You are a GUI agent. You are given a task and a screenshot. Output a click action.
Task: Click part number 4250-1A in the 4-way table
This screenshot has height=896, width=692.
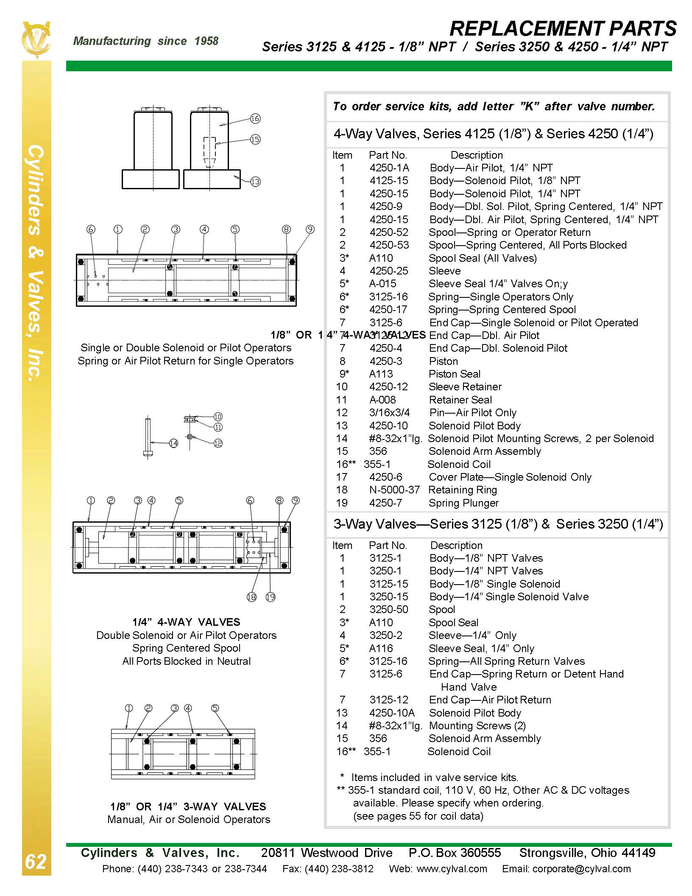point(389,168)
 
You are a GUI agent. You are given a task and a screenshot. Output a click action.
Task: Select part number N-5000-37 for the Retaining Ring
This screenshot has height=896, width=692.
point(394,490)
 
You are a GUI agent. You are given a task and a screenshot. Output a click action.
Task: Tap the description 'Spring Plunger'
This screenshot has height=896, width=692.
point(463,503)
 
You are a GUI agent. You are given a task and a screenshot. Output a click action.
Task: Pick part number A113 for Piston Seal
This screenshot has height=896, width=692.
point(381,374)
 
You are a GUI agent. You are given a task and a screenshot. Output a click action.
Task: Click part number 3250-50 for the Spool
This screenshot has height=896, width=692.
point(388,610)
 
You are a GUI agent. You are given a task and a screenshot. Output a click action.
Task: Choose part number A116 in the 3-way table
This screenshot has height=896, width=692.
point(381,648)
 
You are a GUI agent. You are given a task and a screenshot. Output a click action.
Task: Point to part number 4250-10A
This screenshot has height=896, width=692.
point(392,713)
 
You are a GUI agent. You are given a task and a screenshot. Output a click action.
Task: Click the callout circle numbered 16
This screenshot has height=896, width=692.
point(255,119)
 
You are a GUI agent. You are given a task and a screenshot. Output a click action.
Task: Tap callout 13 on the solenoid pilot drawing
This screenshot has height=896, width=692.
point(255,182)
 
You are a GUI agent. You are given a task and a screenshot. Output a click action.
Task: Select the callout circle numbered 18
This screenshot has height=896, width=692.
point(251,597)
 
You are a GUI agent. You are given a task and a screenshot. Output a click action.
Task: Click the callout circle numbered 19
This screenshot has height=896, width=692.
point(270,597)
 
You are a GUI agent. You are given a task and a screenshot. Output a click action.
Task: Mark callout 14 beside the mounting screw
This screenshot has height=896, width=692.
point(173,443)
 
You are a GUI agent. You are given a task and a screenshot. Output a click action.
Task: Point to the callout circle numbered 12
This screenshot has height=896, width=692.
point(218,443)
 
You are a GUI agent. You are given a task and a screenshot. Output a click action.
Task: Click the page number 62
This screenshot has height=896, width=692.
point(36,862)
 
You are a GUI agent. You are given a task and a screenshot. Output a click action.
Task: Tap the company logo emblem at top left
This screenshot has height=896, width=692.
point(36,40)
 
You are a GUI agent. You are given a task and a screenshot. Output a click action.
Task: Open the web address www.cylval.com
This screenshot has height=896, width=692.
point(452,869)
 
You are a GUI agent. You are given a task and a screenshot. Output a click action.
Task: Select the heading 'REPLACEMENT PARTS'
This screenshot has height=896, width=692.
point(563,29)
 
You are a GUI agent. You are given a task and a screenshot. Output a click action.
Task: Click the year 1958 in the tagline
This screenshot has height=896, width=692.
point(206,41)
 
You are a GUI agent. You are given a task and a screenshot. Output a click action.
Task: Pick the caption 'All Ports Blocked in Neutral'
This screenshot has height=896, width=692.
point(186,661)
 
